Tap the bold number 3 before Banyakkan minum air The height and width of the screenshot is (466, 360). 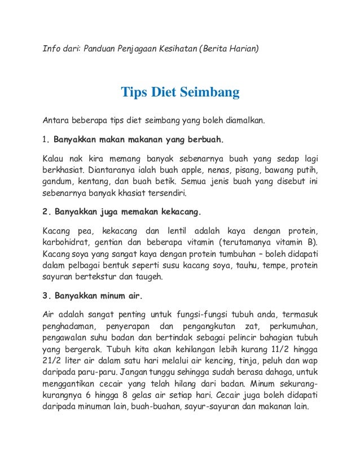coord(46,297)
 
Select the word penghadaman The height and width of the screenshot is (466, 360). coord(69,328)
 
